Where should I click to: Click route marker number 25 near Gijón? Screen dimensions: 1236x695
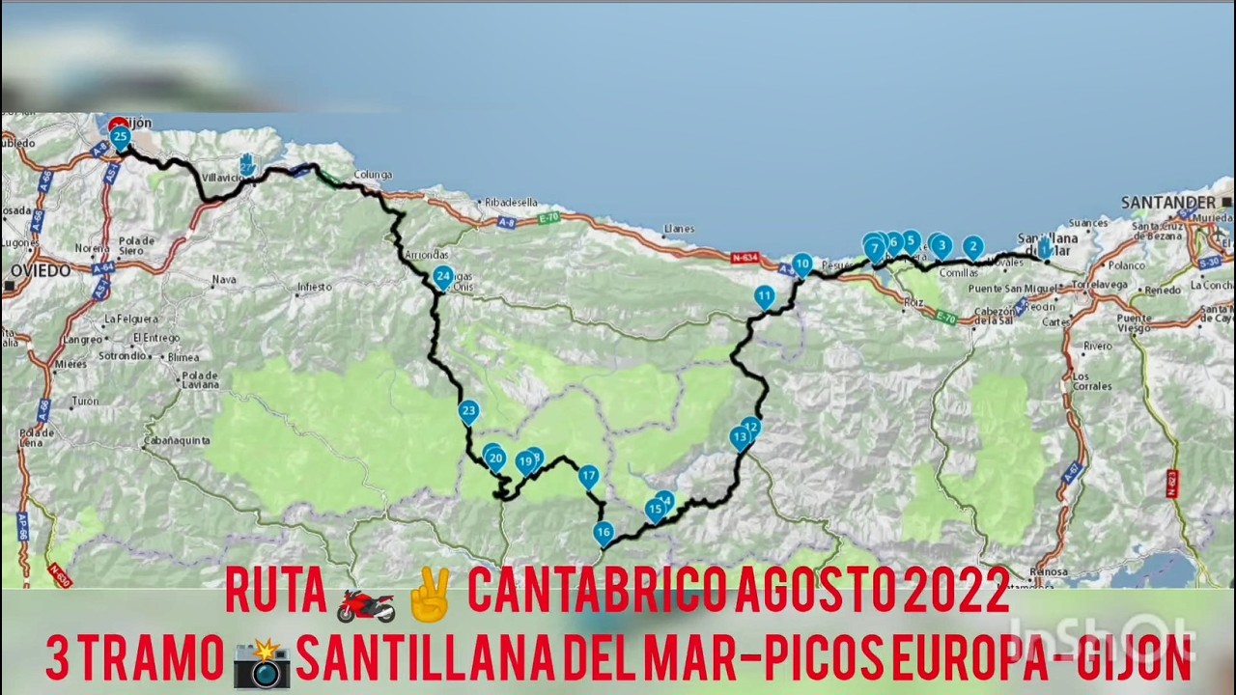click(120, 137)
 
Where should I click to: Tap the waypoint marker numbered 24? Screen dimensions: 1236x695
click(442, 277)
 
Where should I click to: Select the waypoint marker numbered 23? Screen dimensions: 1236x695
click(468, 411)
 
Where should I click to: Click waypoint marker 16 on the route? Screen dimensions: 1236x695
click(604, 532)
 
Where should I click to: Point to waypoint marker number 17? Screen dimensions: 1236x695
click(588, 476)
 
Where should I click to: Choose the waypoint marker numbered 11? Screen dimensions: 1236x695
click(765, 296)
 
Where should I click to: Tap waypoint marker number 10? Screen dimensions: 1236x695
click(801, 264)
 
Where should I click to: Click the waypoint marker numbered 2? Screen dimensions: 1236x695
click(972, 247)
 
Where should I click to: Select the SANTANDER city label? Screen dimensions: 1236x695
click(1168, 202)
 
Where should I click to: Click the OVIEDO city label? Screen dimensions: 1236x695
click(38, 271)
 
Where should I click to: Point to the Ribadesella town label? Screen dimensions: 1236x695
click(511, 203)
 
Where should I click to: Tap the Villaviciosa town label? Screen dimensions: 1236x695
click(223, 178)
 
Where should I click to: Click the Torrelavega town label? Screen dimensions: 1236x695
click(1102, 285)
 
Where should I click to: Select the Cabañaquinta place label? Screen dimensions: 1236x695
click(176, 440)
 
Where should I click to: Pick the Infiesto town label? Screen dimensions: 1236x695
click(315, 287)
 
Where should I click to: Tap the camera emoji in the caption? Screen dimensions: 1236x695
click(262, 662)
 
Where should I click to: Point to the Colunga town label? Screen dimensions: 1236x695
click(373, 175)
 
